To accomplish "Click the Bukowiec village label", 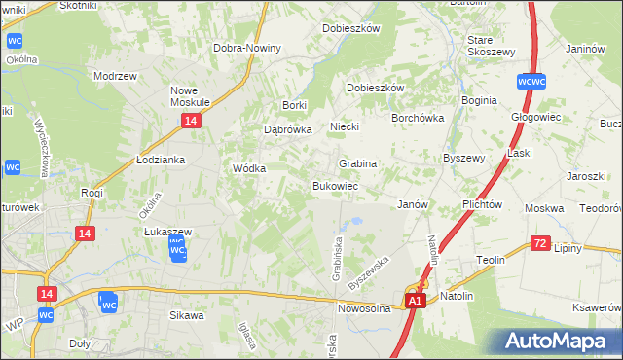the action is click(336, 185).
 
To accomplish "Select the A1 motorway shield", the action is click(415, 303).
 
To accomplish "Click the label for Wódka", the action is click(249, 167).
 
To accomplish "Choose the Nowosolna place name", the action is click(364, 308).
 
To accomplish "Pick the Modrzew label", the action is click(112, 75).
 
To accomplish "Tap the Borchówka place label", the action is click(418, 118).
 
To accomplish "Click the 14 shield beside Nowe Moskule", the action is click(191, 120).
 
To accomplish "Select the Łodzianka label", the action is click(161, 160).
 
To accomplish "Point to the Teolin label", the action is click(490, 260).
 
